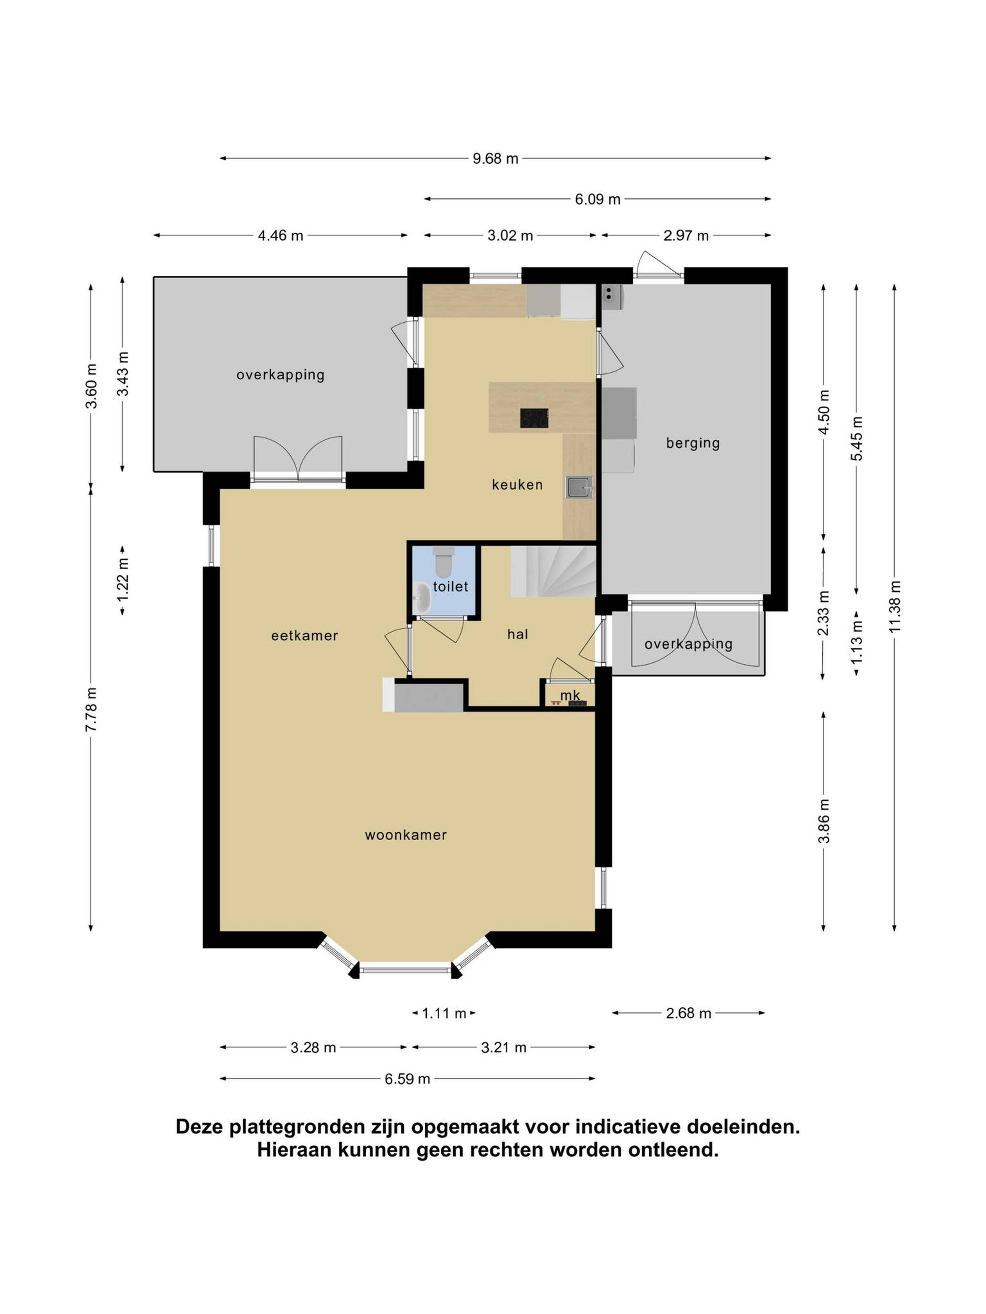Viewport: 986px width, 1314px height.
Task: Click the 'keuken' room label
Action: tap(517, 485)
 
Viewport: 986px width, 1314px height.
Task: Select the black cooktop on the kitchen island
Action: tap(534, 418)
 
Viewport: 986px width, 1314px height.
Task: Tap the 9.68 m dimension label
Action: tap(495, 159)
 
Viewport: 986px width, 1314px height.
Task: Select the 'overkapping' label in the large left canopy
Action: tap(281, 375)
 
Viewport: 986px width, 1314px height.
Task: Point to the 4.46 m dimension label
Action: tap(281, 236)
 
